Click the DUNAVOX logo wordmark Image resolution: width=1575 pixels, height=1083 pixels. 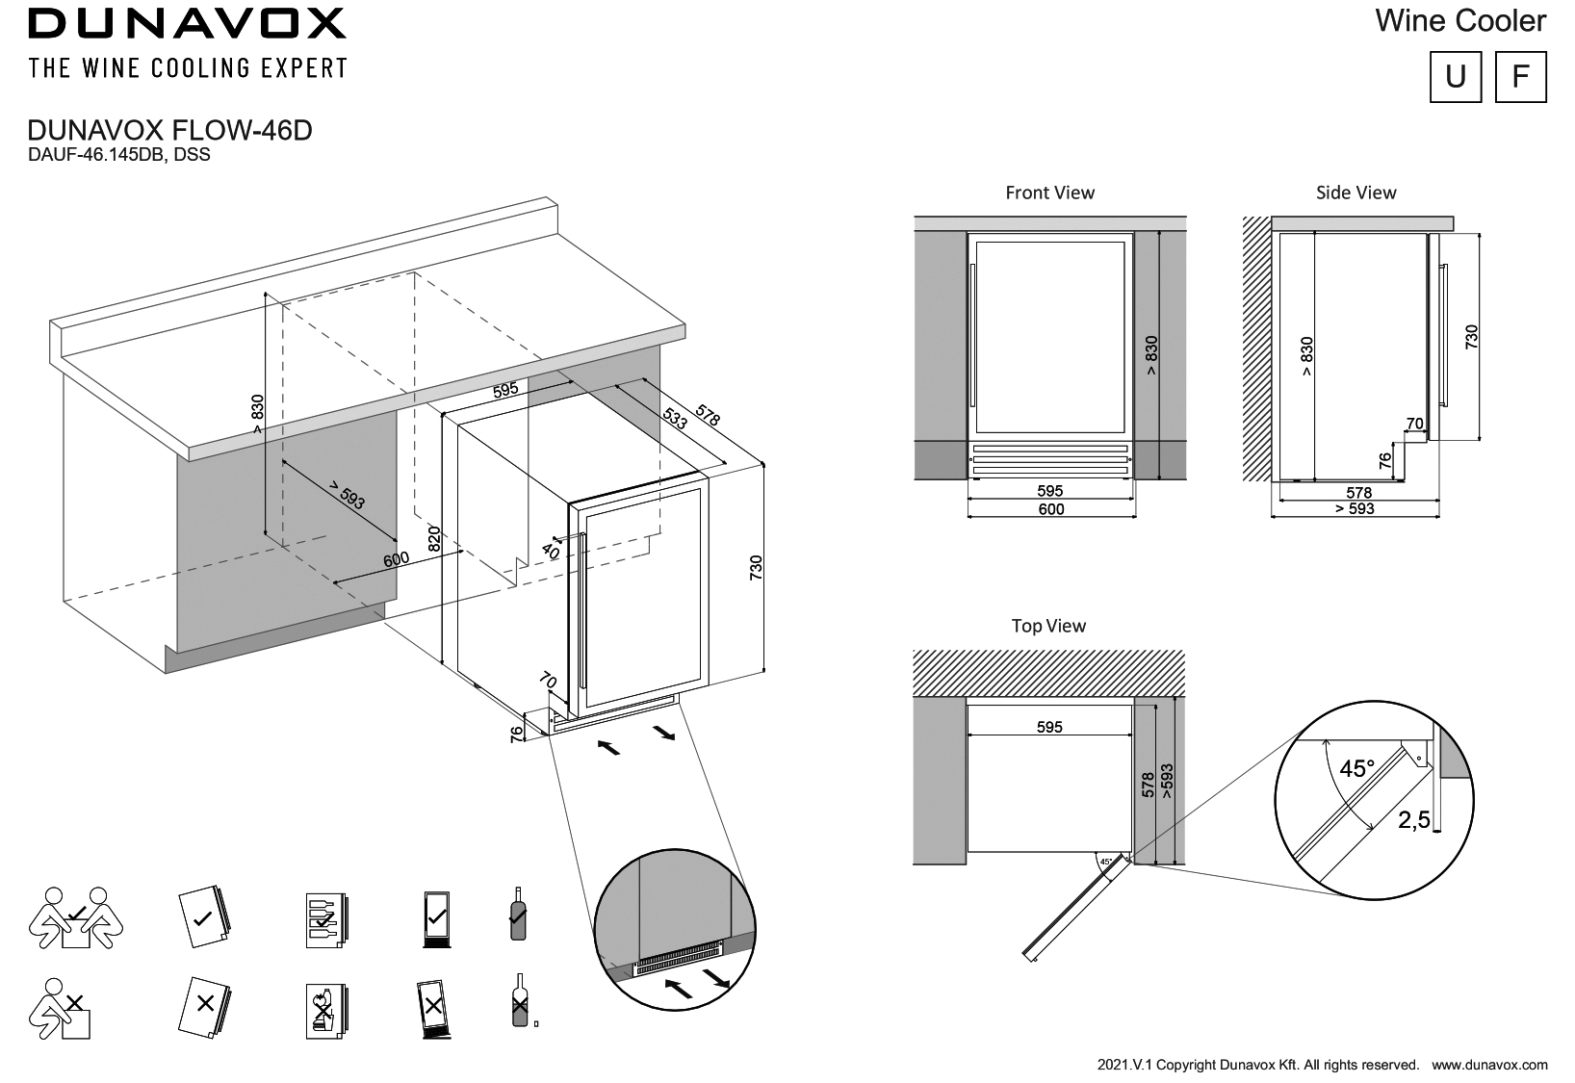[187, 24]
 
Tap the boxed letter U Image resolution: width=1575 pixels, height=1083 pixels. [1456, 76]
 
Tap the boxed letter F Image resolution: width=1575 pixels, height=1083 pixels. [1520, 76]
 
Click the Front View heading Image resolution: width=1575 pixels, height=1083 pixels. [1049, 193]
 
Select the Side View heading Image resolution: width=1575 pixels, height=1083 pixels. [1356, 193]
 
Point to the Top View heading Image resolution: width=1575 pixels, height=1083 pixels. [1048, 626]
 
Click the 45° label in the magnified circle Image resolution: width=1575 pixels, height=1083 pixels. [1357, 769]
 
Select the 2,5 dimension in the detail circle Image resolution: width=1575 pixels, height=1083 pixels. [1413, 820]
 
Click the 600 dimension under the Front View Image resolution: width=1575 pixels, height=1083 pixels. [1050, 509]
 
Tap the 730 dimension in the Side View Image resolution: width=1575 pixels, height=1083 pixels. [1470, 337]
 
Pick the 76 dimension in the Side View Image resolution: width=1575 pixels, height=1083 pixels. [1385, 461]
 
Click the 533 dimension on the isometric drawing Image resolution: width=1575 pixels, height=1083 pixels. [676, 420]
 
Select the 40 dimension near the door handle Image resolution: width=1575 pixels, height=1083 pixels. [550, 552]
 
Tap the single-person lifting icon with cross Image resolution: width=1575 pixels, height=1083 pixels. [63, 1008]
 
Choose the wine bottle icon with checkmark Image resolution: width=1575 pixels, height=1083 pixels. [518, 915]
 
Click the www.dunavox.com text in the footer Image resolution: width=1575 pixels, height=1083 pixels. [1489, 1065]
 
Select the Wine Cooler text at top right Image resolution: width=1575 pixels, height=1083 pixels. [1460, 21]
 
